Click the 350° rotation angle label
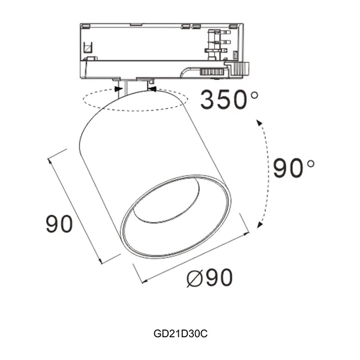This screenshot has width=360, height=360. point(229,100)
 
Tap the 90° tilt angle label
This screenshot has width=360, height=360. point(293,169)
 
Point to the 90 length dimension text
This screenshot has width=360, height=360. point(59,224)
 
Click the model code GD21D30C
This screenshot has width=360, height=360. point(180,331)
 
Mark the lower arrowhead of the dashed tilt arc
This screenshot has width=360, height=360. point(259,224)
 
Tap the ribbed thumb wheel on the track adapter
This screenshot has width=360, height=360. point(212,71)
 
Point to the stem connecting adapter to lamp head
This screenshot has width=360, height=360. point(123,89)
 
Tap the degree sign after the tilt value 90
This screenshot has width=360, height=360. point(310,163)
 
